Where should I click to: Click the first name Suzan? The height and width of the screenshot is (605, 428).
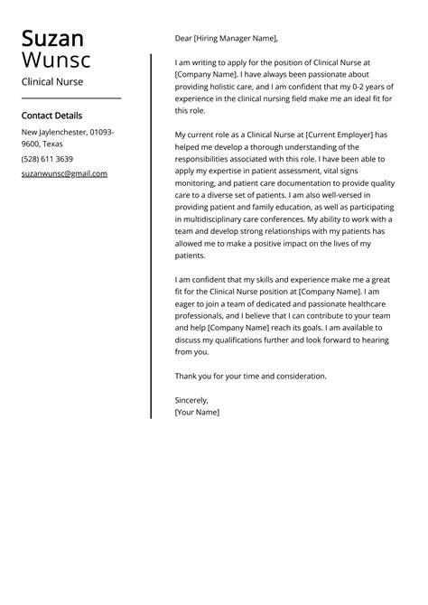tap(52, 39)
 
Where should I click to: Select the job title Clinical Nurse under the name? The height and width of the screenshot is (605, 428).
tap(52, 82)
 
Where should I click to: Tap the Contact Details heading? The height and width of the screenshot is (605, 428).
tap(51, 116)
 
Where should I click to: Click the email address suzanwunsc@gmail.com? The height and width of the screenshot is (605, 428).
tap(64, 173)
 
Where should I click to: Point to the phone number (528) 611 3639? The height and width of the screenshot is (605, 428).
tap(47, 159)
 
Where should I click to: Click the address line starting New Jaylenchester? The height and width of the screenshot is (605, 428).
tap(66, 132)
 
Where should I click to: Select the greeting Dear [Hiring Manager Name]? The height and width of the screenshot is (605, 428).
tap(227, 39)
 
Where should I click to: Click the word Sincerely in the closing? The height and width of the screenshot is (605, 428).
tap(191, 399)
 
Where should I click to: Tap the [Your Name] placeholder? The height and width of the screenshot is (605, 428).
tap(197, 412)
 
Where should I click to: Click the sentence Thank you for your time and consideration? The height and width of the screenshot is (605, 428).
tap(251, 376)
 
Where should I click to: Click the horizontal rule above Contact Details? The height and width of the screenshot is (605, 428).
tap(70, 98)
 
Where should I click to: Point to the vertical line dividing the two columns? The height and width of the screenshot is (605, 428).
tap(151, 235)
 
